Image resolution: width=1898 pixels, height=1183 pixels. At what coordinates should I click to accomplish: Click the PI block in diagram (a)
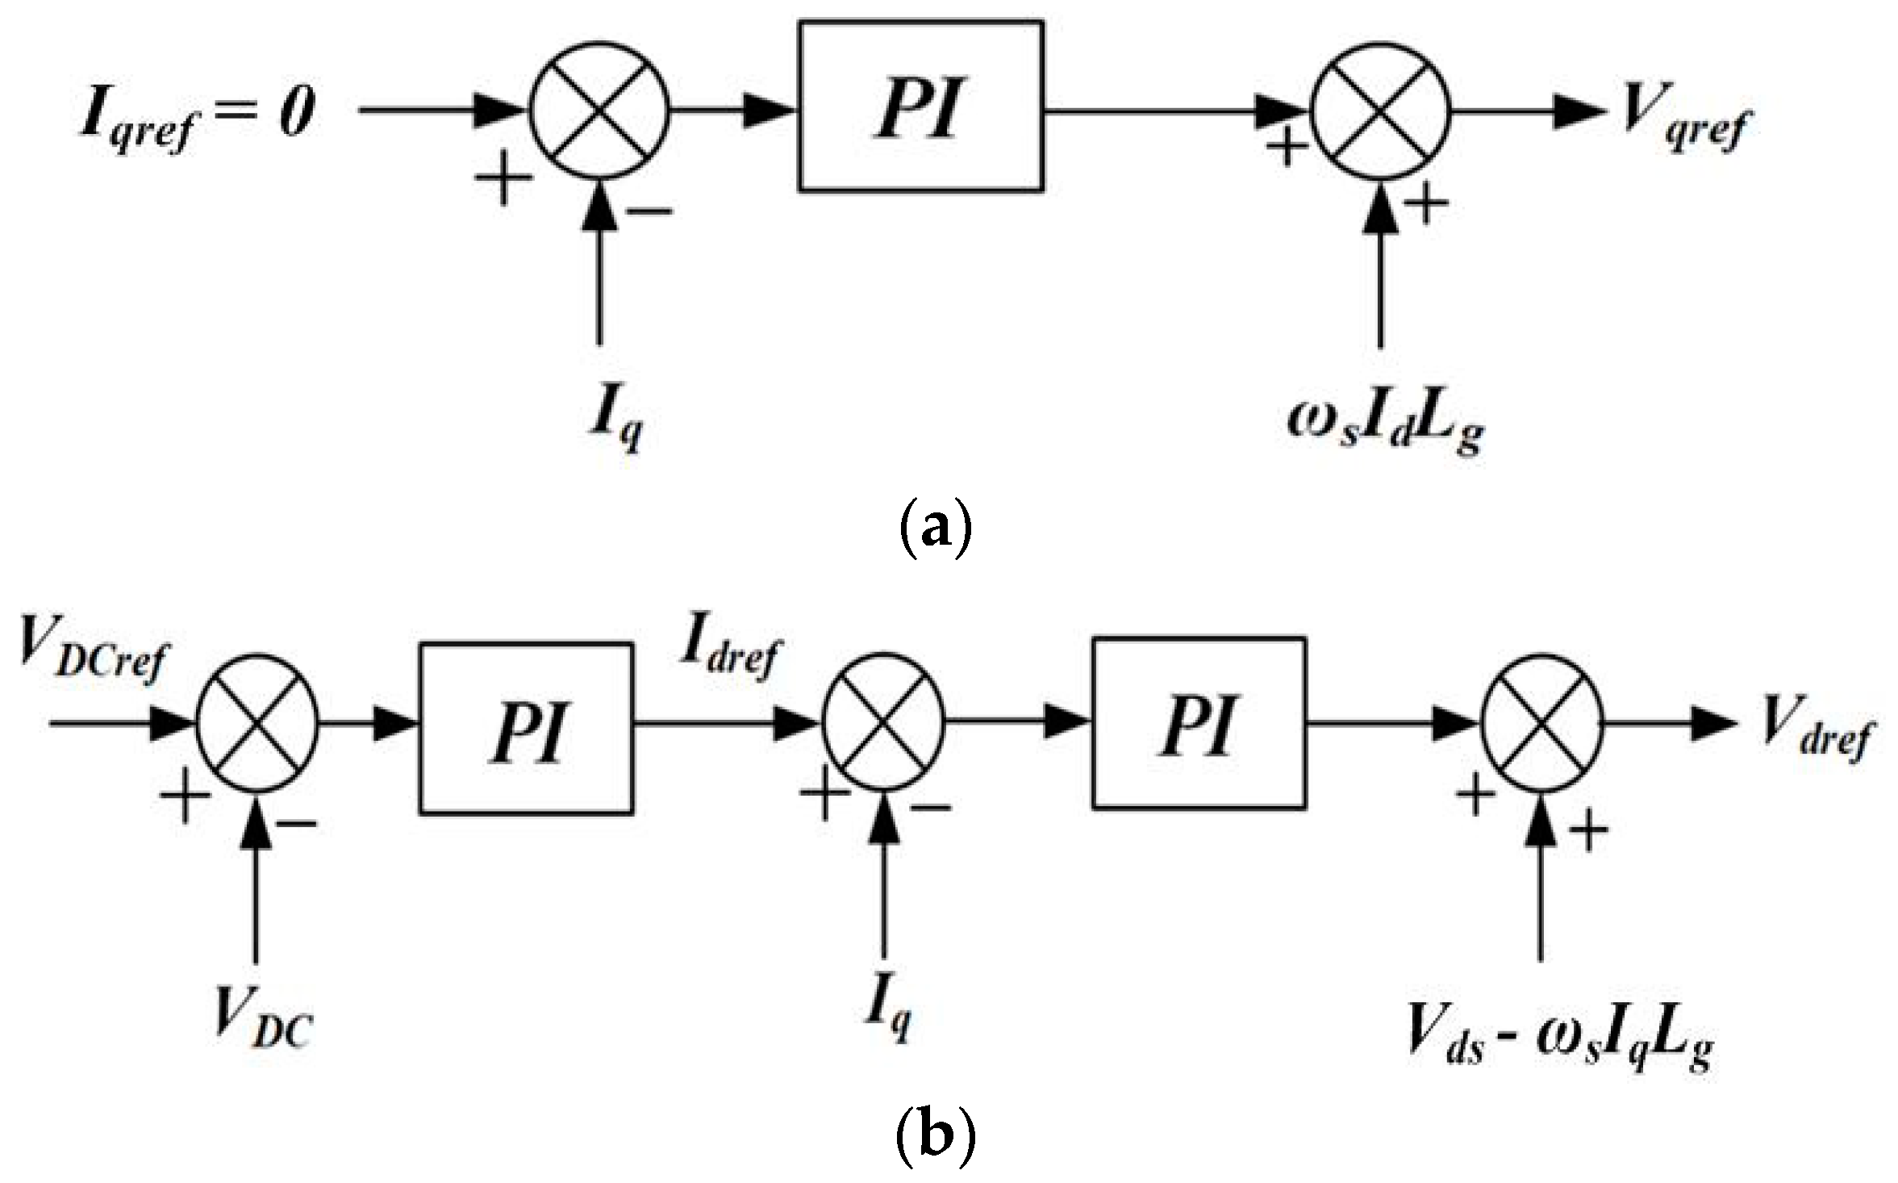[x=920, y=107]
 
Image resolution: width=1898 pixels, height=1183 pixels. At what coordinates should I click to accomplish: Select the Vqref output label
[x=1683, y=119]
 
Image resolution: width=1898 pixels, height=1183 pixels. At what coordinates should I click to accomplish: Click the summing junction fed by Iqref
[x=599, y=111]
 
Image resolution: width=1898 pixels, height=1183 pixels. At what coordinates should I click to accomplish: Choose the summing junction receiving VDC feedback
[x=257, y=724]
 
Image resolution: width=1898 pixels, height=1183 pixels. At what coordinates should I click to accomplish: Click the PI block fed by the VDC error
[x=525, y=727]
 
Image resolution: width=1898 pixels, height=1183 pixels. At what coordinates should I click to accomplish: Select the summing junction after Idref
[x=883, y=724]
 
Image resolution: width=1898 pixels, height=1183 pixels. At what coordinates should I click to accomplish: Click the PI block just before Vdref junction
[x=1198, y=723]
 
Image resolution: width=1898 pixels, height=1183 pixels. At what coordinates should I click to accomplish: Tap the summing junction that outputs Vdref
[x=1542, y=724]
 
